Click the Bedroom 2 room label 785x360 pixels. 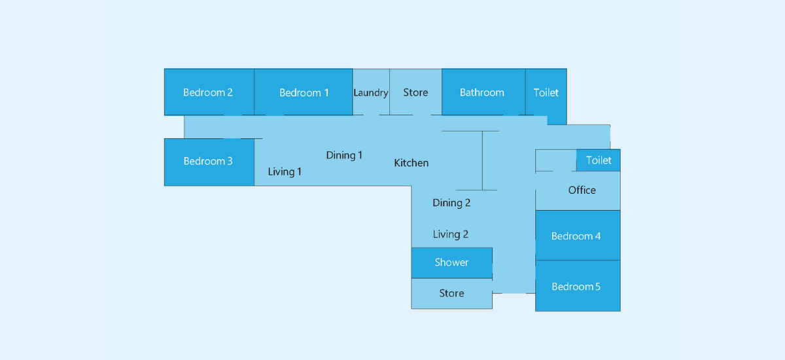coord(208,92)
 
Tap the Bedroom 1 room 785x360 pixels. coord(304,92)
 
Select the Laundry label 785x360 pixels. coord(371,93)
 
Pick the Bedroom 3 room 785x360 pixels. coord(209,162)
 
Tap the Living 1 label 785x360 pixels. coord(285,171)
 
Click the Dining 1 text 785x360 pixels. coord(344,155)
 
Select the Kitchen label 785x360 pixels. coord(411,163)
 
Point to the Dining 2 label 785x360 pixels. coord(451,203)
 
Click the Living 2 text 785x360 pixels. coord(450,234)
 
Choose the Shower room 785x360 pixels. coord(452,263)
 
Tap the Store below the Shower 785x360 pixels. coord(452,293)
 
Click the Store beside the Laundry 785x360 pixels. coord(415,92)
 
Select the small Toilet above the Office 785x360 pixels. coord(598,160)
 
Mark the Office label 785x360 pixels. coord(582,190)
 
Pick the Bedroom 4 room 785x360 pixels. coord(578,235)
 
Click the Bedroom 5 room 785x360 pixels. coord(578,285)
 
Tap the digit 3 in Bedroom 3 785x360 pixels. coord(230,161)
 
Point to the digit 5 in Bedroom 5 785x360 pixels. coord(597,287)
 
